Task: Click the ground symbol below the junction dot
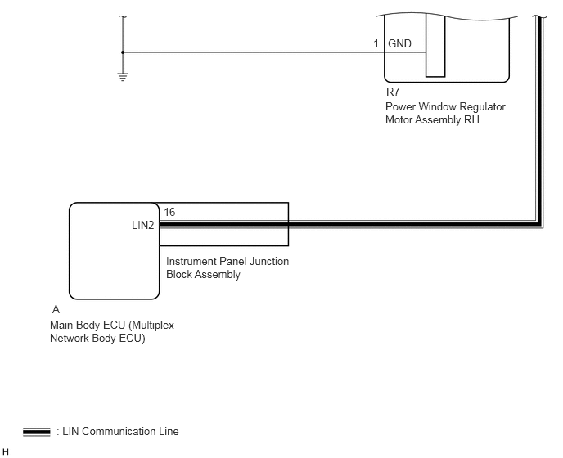pos(123,77)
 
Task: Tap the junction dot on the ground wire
pos(123,52)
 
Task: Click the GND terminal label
pos(399,44)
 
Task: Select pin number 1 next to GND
pos(376,44)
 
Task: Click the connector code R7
pos(393,92)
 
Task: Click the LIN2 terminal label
pos(143,225)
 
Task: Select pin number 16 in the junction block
pos(169,212)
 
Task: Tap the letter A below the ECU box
pos(56,309)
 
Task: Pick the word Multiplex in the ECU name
pos(151,326)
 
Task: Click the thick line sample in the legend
pos(37,432)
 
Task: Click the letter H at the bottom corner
pos(6,452)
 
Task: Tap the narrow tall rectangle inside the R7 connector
pos(435,46)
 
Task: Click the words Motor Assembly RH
pos(432,120)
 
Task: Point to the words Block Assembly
pos(203,275)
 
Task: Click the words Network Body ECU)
pos(97,339)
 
